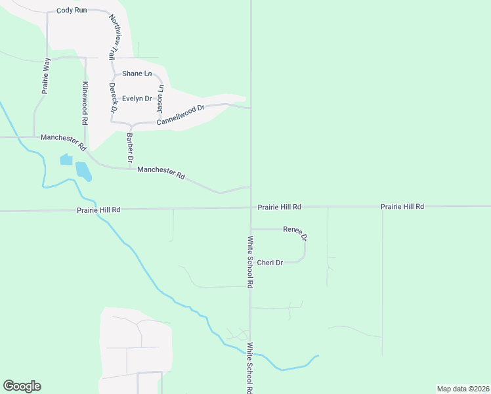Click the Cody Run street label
[72, 11]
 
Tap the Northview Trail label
[116, 36]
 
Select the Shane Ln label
[137, 74]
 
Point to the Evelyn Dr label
[137, 98]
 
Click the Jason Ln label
[160, 97]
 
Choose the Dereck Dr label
[112, 96]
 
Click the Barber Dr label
[130, 148]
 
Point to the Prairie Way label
[46, 76]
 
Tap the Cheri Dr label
[270, 263]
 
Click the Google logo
[22, 386]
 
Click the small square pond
[66, 160]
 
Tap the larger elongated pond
[83, 171]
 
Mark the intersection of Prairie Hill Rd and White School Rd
[251, 208]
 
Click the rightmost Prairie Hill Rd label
[402, 206]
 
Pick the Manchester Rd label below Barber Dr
[161, 173]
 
